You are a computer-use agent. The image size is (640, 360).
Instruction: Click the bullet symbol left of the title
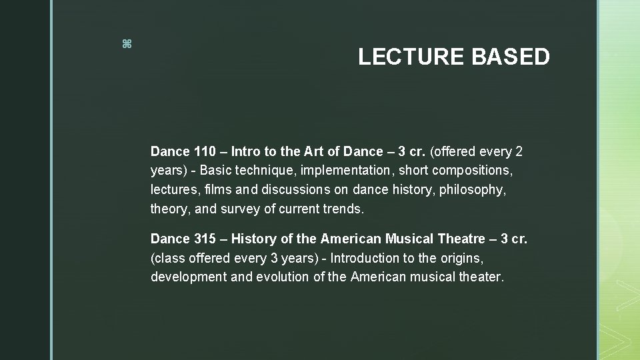(x=127, y=45)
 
